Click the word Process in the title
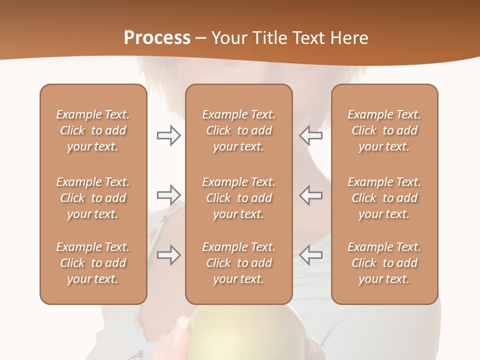coord(157,38)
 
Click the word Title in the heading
coord(269,38)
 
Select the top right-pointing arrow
coord(168,135)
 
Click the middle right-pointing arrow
coord(168,194)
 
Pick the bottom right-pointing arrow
coord(168,254)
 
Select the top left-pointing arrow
coord(311,135)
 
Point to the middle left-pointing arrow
coord(311,194)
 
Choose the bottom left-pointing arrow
coord(311,254)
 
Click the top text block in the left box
coord(93,130)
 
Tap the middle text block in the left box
coord(93,198)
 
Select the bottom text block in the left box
coord(93,263)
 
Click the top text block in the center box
coord(239,130)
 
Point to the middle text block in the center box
coord(239,198)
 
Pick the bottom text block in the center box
coord(239,263)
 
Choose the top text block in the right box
coord(384,130)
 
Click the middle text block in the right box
coord(384,198)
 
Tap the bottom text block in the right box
coord(384,263)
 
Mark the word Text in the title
coord(308,38)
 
